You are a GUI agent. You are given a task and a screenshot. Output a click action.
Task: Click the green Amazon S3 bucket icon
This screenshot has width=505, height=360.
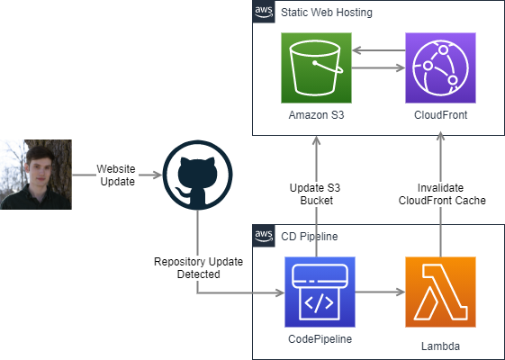pyautogui.click(x=316, y=67)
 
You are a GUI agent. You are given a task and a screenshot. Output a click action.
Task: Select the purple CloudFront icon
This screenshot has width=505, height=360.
pyautogui.click(x=440, y=67)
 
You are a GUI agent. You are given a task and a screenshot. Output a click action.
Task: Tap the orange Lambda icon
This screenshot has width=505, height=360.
pyautogui.click(x=440, y=292)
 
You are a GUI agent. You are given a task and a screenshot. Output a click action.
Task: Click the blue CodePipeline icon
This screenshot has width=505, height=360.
pyautogui.click(x=320, y=292)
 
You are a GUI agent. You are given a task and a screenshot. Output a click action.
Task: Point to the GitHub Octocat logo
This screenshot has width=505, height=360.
pyautogui.click(x=197, y=175)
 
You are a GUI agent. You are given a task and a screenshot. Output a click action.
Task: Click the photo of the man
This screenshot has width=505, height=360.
pyautogui.click(x=36, y=175)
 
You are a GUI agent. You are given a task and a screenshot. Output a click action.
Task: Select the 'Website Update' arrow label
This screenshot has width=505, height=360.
pyautogui.click(x=117, y=175)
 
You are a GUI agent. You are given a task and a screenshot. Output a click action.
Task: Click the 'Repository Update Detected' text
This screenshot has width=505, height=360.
pyautogui.click(x=198, y=268)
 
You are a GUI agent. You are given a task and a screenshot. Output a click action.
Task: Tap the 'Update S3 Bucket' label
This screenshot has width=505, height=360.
pyautogui.click(x=316, y=194)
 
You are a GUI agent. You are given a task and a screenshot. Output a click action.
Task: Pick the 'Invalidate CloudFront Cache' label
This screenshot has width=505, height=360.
pyautogui.click(x=442, y=194)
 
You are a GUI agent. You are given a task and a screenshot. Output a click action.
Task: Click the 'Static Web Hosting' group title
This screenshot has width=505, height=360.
pyautogui.click(x=327, y=13)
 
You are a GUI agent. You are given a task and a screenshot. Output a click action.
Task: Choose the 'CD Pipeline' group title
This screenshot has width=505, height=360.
pyautogui.click(x=310, y=237)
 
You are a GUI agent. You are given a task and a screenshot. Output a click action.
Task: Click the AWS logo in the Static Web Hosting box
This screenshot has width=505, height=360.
pyautogui.click(x=264, y=12)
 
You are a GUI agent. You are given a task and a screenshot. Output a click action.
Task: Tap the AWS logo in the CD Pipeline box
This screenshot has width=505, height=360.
pyautogui.click(x=264, y=236)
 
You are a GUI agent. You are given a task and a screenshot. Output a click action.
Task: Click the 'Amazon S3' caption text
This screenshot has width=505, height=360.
pyautogui.click(x=316, y=115)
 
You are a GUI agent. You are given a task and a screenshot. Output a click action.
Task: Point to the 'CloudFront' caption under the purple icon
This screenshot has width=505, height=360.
pyautogui.click(x=440, y=115)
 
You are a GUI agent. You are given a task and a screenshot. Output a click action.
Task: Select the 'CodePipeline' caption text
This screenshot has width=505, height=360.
pyautogui.click(x=320, y=339)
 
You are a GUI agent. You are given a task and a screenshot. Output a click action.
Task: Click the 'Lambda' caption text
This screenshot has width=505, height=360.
pyautogui.click(x=440, y=346)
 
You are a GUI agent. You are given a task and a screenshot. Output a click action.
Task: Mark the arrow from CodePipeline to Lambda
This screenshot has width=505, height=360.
pyautogui.click(x=380, y=292)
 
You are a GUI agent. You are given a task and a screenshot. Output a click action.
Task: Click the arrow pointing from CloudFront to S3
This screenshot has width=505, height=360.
pyautogui.click(x=378, y=50)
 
